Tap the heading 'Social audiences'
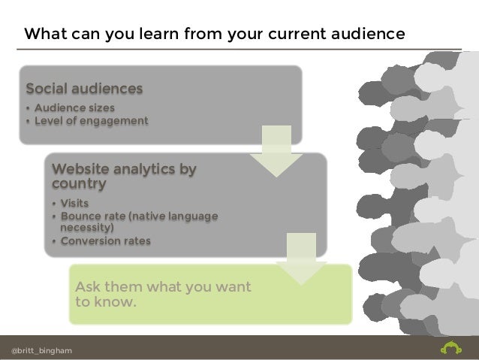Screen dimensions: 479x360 pos(84,89)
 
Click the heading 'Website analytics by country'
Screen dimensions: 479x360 pos(123,176)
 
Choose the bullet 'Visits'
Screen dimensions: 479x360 pos(75,204)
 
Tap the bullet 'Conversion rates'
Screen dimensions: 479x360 pos(105,241)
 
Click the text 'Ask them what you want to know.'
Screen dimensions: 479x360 pos(163,295)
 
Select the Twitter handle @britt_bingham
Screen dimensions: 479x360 pos(42,350)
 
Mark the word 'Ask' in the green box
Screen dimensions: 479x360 pos(89,288)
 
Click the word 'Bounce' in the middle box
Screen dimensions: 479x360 pos(82,216)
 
